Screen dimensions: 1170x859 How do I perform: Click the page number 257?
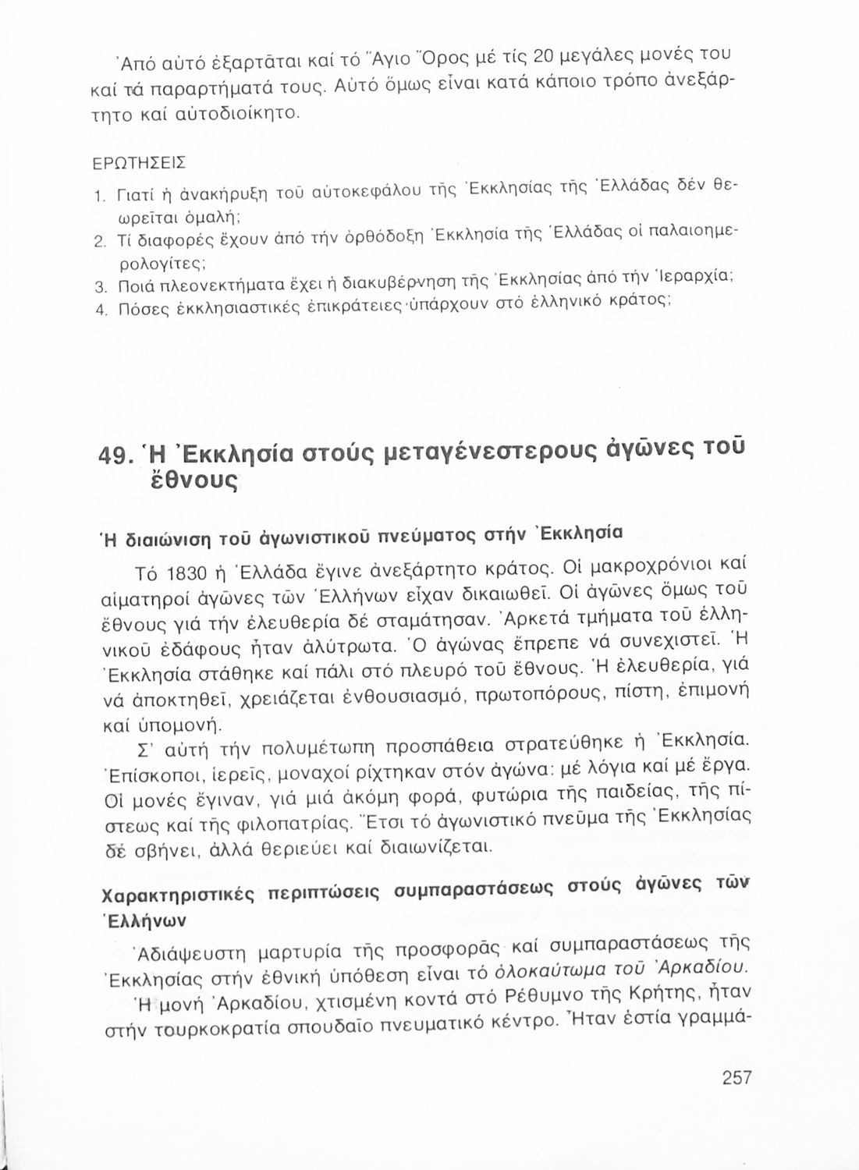736,1077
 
